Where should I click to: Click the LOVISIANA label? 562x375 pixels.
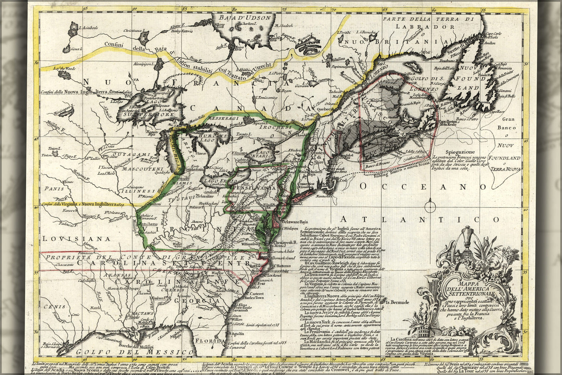pyautogui.click(x=76, y=238)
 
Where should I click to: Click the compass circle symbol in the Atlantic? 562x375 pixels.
pyautogui.click(x=430, y=205)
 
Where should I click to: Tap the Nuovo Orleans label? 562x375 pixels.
pyautogui.click(x=115, y=331)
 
